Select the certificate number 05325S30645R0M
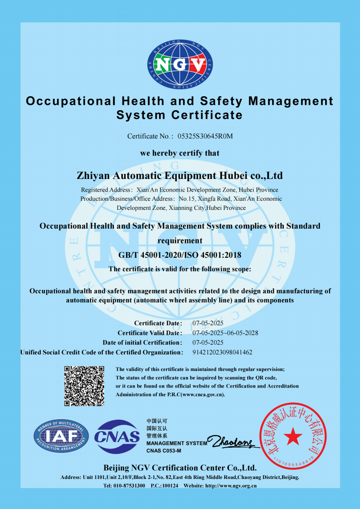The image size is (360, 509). pyautogui.click(x=205, y=136)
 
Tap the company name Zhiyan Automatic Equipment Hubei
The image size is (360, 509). pyautogui.click(x=180, y=176)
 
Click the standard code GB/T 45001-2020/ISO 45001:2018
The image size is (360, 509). pyautogui.click(x=180, y=255)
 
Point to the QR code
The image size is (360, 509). pyautogui.click(x=85, y=386)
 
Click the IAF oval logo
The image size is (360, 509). pyautogui.click(x=61, y=436)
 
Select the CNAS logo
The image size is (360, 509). pyautogui.click(x=117, y=437)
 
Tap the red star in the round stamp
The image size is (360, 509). pyautogui.click(x=292, y=434)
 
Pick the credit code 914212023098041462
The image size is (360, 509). pyautogui.click(x=222, y=352)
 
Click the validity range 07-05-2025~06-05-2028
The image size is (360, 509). pyautogui.click(x=225, y=333)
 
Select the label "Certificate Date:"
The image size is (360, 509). pyautogui.click(x=158, y=323)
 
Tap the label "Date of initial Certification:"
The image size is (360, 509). pyautogui.click(x=142, y=343)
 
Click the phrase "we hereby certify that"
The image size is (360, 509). pyautogui.click(x=180, y=153)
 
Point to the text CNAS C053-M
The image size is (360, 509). pyautogui.click(x=164, y=450)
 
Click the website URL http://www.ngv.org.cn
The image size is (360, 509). pyautogui.click(x=231, y=485)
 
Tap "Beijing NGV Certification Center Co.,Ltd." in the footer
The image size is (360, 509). pyautogui.click(x=180, y=468)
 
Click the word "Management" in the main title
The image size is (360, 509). pyautogui.click(x=291, y=101)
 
